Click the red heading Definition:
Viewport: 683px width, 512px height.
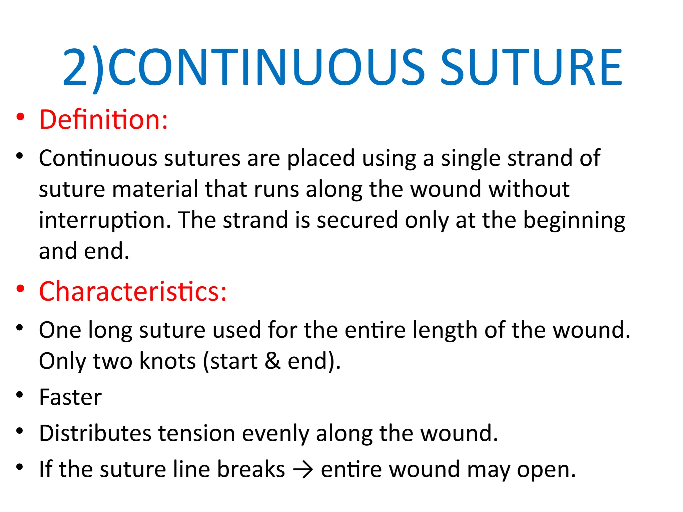pos(103,119)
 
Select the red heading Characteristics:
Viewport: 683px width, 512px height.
pos(133,291)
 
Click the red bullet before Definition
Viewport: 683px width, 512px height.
pos(20,117)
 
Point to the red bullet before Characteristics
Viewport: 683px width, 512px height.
pos(20,289)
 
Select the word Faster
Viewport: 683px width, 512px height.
pos(70,397)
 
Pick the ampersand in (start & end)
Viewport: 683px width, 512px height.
pos(272,361)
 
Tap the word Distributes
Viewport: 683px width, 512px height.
pos(95,433)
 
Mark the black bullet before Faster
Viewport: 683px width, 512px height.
pos(20,395)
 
